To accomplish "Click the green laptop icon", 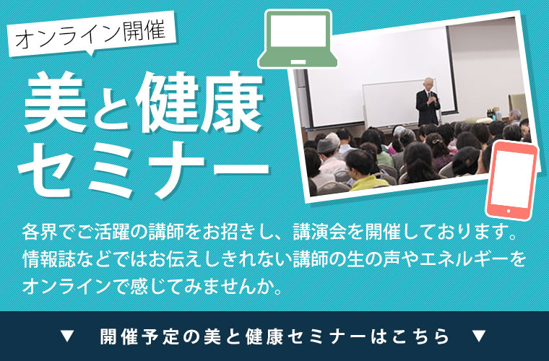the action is coord(298,39).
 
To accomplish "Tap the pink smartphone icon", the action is coord(511,180).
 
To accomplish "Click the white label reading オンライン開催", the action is coord(91,34).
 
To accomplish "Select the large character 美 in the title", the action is coord(56,102).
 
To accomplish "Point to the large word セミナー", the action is coord(144,169).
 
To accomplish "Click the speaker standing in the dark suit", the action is coord(428,102).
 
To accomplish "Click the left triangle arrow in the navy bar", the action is coord(67,336).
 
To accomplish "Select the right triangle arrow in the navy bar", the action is coord(479,336).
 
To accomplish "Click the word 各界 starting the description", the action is coord(40,232).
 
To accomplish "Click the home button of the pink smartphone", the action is coord(509,211).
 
